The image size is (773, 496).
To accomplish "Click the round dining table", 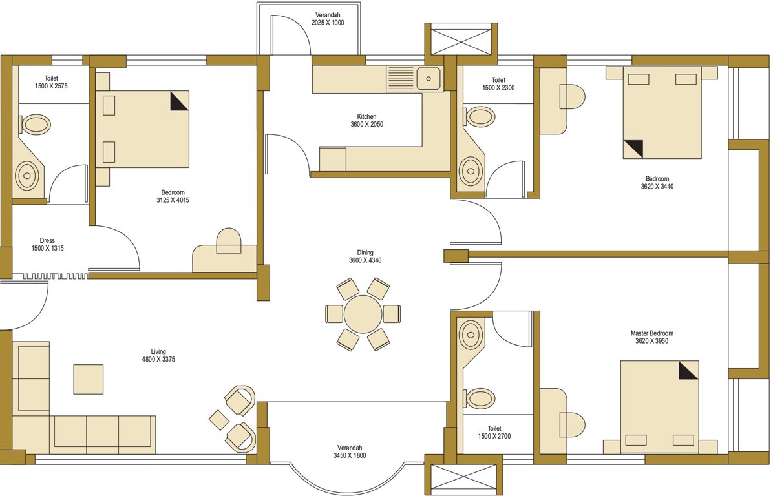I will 365,314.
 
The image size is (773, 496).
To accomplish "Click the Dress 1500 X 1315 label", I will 47,244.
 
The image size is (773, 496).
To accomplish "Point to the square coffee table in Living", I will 88,379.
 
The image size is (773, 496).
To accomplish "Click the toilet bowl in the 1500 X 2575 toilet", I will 36,124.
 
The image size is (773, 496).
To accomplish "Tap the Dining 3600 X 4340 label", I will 365,256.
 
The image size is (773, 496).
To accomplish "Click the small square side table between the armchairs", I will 219,418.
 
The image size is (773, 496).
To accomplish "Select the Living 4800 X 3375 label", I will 158,356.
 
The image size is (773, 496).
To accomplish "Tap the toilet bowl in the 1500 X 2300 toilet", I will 480,117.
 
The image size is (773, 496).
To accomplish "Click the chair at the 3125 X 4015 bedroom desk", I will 228,240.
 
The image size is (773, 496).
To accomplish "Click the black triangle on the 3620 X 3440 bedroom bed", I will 633,149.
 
